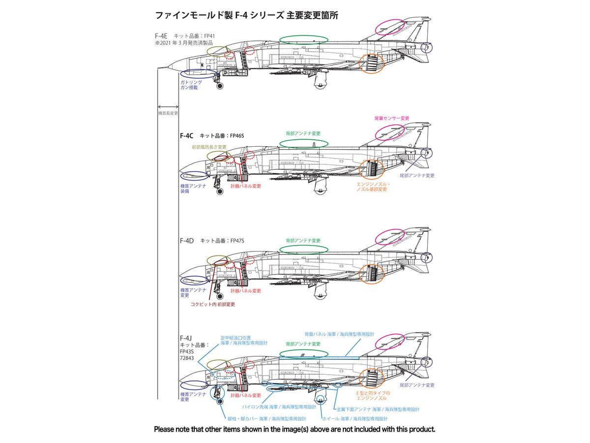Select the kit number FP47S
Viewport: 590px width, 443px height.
pos(235,241)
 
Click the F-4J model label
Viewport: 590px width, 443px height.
pos(185,338)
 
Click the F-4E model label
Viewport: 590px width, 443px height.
pos(162,36)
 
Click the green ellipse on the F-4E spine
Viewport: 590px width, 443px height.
pos(304,40)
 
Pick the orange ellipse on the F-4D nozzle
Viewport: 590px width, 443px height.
pos(371,274)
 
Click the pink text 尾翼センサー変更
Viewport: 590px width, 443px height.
pos(391,118)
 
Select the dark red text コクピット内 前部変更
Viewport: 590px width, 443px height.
pos(213,304)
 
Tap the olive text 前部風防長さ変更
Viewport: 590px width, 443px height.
pos(209,147)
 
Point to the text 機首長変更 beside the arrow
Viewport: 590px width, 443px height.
pos(168,113)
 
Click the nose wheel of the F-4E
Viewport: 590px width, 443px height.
pos(219,86)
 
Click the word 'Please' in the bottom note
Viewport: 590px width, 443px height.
pos(166,429)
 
